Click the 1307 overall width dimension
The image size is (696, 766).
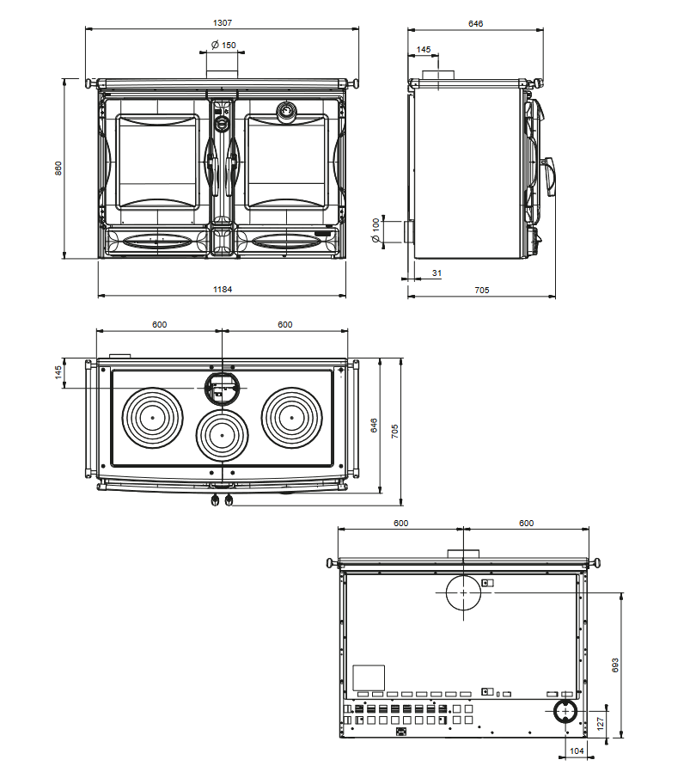pyautogui.click(x=223, y=22)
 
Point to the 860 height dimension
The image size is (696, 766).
pyautogui.click(x=58, y=169)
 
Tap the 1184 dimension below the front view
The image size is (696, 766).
pyautogui.click(x=223, y=290)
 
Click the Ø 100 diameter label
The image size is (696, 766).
pyautogui.click(x=375, y=231)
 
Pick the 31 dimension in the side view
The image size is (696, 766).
pyautogui.click(x=437, y=273)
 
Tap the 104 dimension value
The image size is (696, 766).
pyautogui.click(x=577, y=751)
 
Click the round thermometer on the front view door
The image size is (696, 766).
pyautogui.click(x=284, y=111)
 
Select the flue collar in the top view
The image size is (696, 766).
pyautogui.click(x=223, y=388)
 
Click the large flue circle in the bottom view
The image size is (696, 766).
pyautogui.click(x=464, y=592)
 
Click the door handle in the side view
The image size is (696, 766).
pyautogui.click(x=547, y=176)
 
